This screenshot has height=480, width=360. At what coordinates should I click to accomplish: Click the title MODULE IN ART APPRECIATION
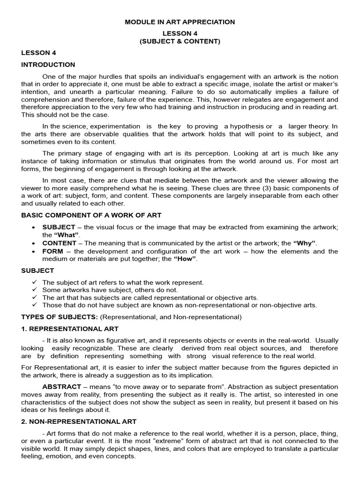[x=180, y=22]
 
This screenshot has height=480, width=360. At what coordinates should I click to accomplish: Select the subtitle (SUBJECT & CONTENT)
[x=180, y=41]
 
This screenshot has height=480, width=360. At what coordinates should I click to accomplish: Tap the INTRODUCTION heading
[x=48, y=65]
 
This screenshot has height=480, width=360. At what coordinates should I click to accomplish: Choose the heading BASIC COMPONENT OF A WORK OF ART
[x=91, y=215]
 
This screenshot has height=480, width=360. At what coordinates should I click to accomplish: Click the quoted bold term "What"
[x=67, y=234]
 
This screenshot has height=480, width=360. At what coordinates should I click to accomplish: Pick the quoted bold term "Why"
[x=304, y=243]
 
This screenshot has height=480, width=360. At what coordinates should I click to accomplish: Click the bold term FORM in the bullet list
[x=52, y=251]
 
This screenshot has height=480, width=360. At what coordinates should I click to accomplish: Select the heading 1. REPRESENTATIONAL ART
[x=70, y=329]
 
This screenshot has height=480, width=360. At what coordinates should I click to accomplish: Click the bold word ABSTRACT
[x=62, y=387]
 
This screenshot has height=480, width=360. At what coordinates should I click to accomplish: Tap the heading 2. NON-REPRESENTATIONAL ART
[x=79, y=422]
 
